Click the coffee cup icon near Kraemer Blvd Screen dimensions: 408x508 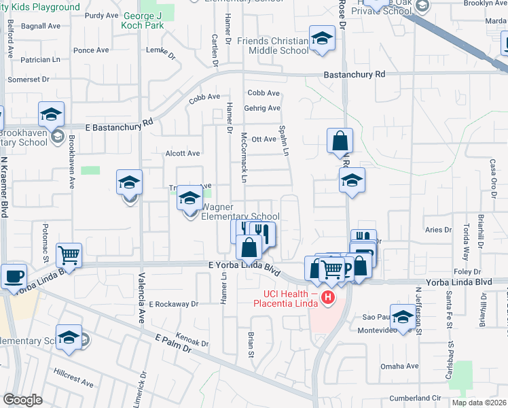coord(13,276)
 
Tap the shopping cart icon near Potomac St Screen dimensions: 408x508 coord(69,256)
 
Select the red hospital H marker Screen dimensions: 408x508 coord(329,297)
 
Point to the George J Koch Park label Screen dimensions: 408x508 coord(143,20)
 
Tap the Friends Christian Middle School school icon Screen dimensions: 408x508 coord(322,39)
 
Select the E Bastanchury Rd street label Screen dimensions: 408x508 coord(120,126)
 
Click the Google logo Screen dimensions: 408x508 coord(22,400)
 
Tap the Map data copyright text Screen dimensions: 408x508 coord(479,403)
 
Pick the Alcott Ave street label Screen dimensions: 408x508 coord(183,154)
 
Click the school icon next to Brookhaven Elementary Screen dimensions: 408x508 coord(51,115)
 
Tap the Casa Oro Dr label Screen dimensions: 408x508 coord(493,180)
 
